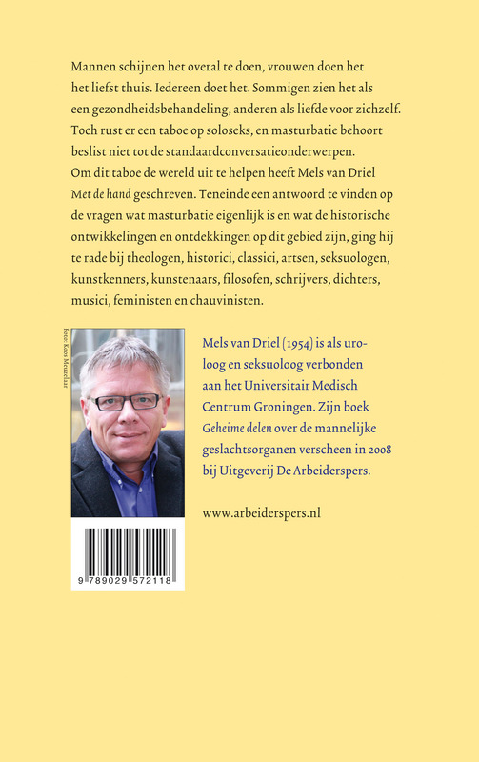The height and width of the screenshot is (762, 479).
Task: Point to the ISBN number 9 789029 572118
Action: (x=127, y=579)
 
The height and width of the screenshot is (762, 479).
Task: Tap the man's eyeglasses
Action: (x=127, y=401)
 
